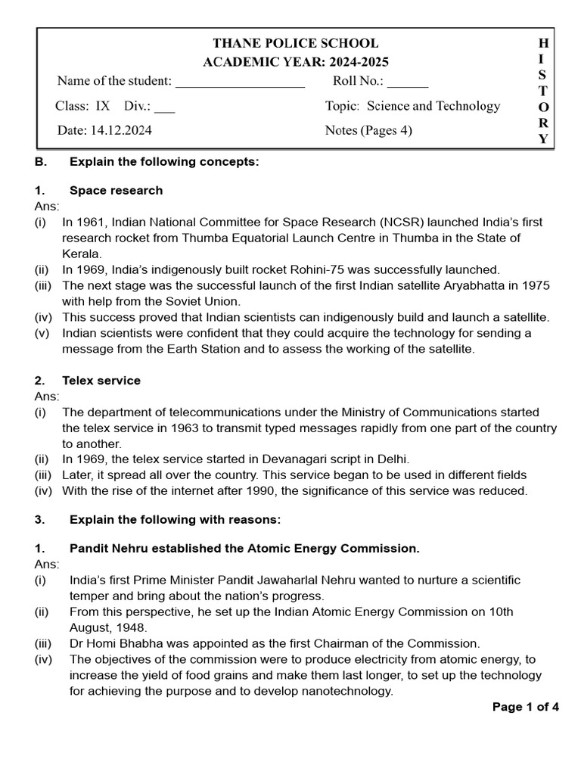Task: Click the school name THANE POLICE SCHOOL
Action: [x=295, y=43]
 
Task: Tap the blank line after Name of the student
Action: [x=240, y=82]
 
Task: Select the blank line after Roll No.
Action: [x=408, y=82]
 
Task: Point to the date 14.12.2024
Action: [x=123, y=130]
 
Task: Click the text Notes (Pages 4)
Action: [x=368, y=130]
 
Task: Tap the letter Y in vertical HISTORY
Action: [x=543, y=139]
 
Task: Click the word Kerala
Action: [x=81, y=254]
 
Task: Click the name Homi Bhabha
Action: [x=121, y=643]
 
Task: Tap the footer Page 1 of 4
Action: [x=525, y=708]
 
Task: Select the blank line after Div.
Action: [x=164, y=107]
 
